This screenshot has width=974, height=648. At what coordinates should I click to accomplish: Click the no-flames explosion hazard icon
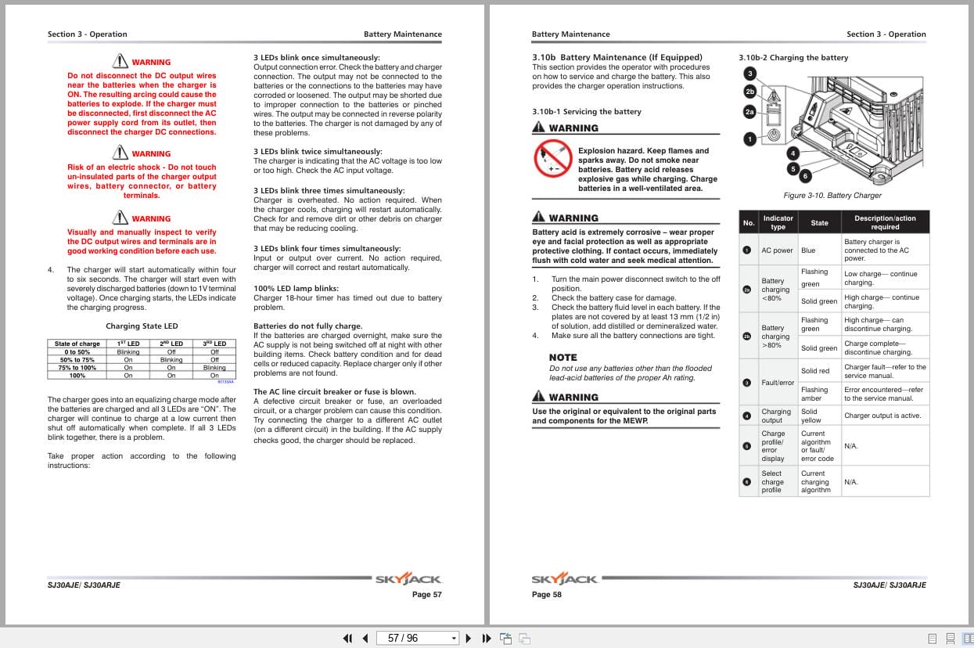pos(553,160)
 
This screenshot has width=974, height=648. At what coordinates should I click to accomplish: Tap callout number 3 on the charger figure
pos(749,74)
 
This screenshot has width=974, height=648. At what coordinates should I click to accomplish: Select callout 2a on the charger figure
pos(749,112)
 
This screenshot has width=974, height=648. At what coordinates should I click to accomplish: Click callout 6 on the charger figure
pos(805,176)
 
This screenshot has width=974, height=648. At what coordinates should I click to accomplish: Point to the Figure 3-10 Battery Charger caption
pos(832,196)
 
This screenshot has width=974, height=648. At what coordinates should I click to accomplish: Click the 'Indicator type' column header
pos(778,222)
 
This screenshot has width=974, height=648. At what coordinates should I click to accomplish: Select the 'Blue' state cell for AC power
pos(808,250)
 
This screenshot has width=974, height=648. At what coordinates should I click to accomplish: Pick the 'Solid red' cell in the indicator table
pos(814,371)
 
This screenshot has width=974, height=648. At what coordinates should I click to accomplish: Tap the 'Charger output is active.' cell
pos(882,416)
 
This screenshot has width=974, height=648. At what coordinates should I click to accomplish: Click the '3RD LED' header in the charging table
pos(214,344)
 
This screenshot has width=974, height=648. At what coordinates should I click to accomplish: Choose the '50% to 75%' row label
pos(77,360)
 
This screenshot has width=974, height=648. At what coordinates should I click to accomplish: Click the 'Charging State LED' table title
pos(142,326)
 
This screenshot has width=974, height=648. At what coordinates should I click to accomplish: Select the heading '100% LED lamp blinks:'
pos(296,288)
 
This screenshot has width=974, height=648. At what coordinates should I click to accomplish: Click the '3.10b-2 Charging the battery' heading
pos(793,58)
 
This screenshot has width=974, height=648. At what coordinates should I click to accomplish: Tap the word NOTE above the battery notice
pos(562,358)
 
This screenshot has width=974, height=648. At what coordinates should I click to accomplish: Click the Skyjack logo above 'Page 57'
pos(408,580)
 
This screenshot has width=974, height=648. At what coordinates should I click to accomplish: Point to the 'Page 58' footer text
pos(546,595)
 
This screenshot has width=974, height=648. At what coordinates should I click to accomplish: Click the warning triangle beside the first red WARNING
pos(120,60)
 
